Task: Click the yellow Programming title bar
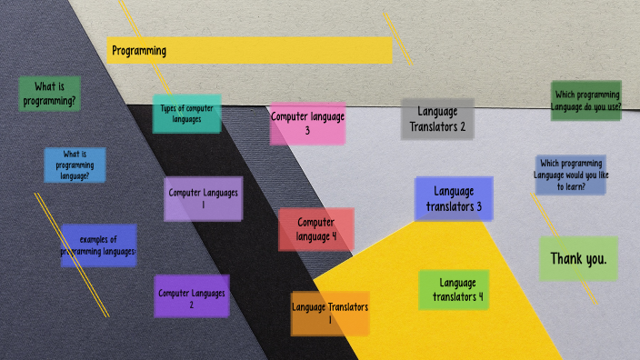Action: [x=250, y=50]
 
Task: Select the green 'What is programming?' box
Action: [x=50, y=94]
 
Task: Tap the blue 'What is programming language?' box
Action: [x=75, y=165]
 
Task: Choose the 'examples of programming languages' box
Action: [x=99, y=245]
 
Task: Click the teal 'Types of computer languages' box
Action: [x=186, y=114]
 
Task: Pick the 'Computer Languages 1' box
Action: [x=204, y=198]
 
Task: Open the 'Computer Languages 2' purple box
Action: [x=192, y=296]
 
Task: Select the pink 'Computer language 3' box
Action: [x=307, y=124]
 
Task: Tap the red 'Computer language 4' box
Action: [x=316, y=229]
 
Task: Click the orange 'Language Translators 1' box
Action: [x=330, y=313]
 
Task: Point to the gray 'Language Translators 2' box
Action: [x=437, y=119]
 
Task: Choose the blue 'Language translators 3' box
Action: [x=454, y=199]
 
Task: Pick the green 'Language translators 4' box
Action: [x=454, y=289]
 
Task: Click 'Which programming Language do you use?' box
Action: [x=586, y=101]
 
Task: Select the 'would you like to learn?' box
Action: [x=570, y=175]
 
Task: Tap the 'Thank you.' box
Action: [x=578, y=259]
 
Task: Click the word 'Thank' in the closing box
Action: [x=565, y=259]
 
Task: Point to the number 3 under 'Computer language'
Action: [x=307, y=131]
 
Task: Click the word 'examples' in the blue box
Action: [x=99, y=239]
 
